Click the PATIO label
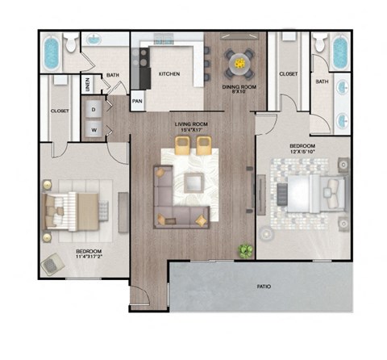pos(264,287)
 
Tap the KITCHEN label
pos(169,74)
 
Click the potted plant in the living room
pos(243,251)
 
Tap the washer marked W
pos(94,128)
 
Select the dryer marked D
pos(94,107)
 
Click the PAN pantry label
pos(137,102)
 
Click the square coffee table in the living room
pos(193,182)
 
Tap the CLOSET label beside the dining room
pos(288,74)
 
